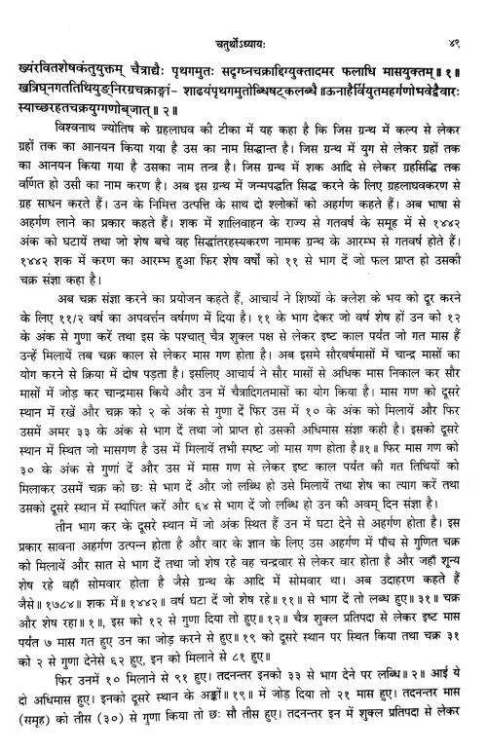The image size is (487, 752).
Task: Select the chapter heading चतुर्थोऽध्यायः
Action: pyautogui.click(x=243, y=15)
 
